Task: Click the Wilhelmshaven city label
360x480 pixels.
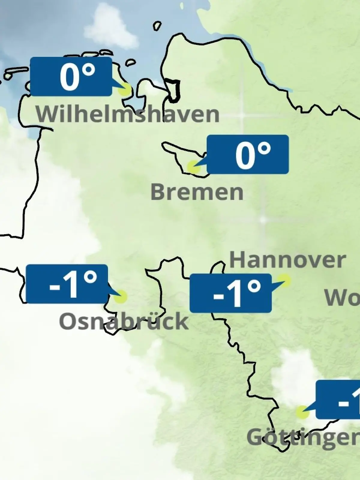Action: click(127, 114)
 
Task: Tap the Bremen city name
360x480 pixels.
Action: click(197, 192)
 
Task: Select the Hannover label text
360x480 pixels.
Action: click(287, 260)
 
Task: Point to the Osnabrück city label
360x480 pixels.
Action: click(124, 321)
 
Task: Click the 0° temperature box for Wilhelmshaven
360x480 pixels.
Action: click(71, 76)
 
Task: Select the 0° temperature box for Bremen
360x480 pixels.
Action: click(248, 154)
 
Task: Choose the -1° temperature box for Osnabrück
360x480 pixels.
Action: click(67, 284)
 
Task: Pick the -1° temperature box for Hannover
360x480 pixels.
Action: click(231, 293)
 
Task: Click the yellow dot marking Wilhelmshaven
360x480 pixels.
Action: click(125, 89)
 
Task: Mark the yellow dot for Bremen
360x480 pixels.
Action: click(193, 167)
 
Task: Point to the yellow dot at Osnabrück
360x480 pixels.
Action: click(121, 296)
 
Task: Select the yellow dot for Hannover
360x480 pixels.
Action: click(284, 280)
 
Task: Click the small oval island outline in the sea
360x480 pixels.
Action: click(157, 26)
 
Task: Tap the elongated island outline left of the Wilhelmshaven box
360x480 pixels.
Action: click(16, 72)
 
